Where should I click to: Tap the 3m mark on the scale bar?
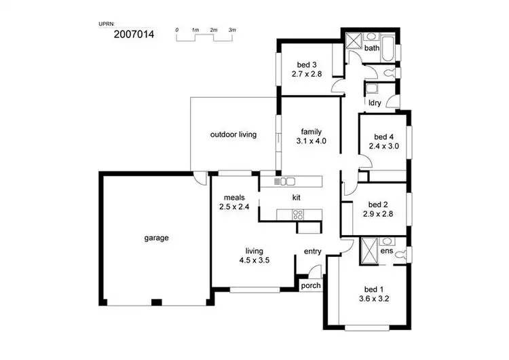pos(232,31)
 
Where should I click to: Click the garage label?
pos(156,238)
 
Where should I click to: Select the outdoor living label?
pos(233,134)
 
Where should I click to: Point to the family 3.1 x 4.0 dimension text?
pos(312,141)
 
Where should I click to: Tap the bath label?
pos(371,49)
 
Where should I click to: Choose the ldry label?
pos(374,103)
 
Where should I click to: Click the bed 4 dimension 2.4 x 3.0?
pos(383,145)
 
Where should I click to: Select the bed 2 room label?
pos(378,204)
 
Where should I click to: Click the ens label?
pos(387,252)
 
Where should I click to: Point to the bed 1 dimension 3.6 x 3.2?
pos(373,298)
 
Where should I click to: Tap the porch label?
pos(310,285)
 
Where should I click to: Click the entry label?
pos(313,252)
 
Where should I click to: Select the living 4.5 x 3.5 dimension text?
pos(254,259)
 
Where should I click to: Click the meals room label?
pos(229,198)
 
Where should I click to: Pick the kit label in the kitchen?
pos(297,198)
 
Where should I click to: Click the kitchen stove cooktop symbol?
pos(297,215)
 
